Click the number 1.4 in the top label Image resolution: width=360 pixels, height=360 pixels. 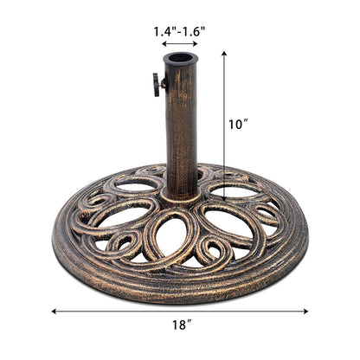tap(164, 32)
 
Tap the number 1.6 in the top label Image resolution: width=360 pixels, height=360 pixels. tap(195, 32)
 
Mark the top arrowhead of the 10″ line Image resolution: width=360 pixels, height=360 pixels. tap(225, 54)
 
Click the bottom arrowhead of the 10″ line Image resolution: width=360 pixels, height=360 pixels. tap(225, 198)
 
